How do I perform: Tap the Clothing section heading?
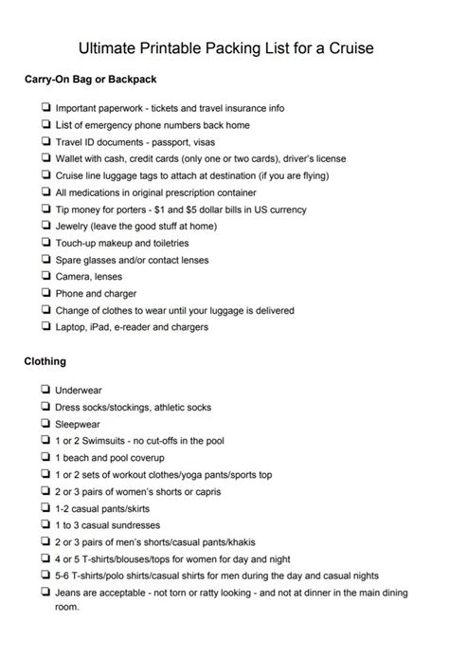[x=45, y=361]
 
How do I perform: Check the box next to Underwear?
[x=45, y=390]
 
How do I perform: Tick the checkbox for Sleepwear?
[x=45, y=424]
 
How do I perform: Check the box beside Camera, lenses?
[x=45, y=276]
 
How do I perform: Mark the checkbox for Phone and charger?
[x=45, y=293]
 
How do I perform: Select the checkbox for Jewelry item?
[x=45, y=225]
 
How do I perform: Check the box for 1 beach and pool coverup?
[x=45, y=458]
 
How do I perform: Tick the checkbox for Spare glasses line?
[x=45, y=259]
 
